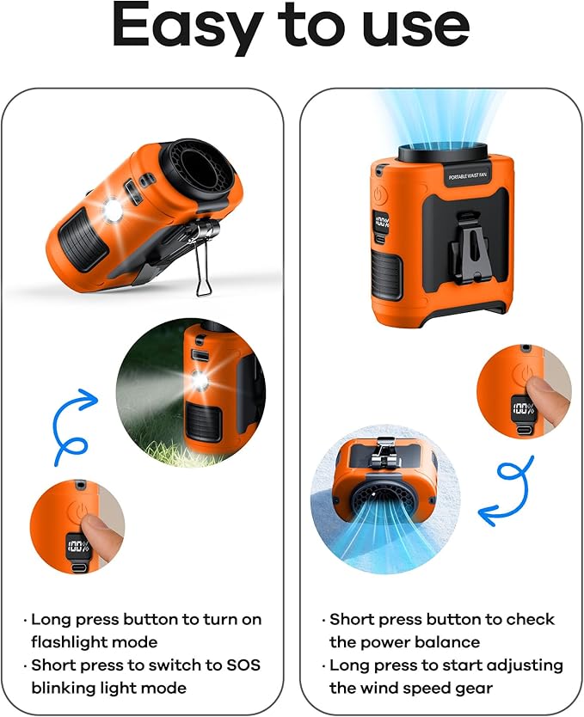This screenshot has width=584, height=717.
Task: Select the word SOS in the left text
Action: (x=243, y=665)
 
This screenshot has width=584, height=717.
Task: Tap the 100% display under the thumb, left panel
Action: (x=77, y=545)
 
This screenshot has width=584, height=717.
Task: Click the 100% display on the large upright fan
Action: (x=381, y=226)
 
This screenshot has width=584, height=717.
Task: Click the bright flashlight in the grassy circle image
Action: (x=200, y=380)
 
